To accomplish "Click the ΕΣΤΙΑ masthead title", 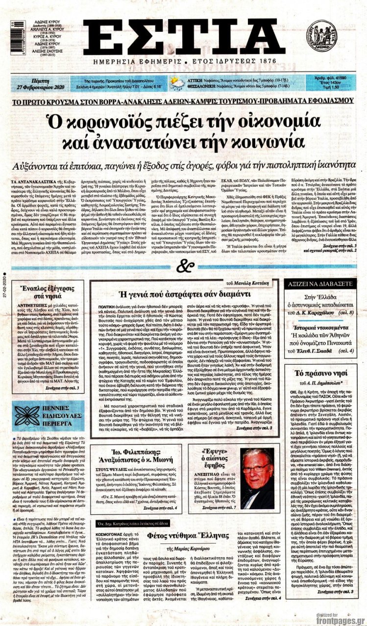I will point(184,38).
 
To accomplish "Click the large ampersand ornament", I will point(183,266).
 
